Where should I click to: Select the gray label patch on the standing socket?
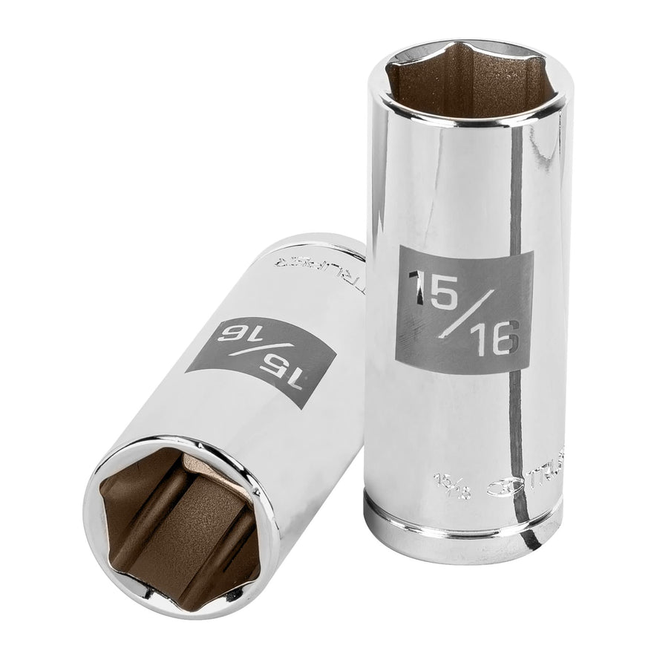(465, 312)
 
